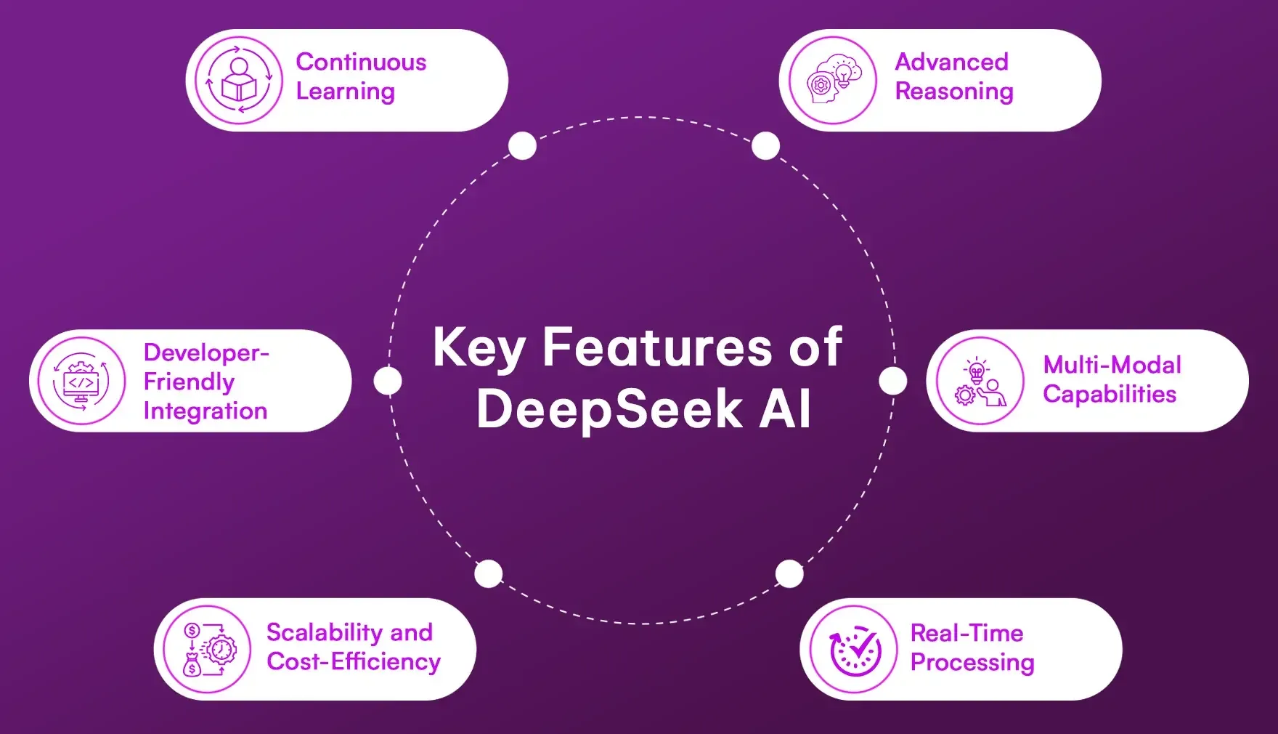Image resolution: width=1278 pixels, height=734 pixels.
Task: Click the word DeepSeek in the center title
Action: point(609,410)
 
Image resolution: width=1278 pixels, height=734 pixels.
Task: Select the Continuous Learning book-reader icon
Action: point(239,81)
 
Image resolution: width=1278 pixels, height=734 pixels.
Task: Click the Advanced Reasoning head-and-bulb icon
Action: point(833,81)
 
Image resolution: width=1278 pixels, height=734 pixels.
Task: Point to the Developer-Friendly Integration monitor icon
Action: point(81,381)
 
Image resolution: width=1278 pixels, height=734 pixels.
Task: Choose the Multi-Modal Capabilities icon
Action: point(980,381)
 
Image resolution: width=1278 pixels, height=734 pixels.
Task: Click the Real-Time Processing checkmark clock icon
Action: point(854,649)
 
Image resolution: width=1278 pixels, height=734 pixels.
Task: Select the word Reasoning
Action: point(954,92)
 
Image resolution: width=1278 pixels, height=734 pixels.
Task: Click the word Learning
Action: point(346,92)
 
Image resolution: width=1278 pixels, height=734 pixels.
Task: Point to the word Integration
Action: point(205,411)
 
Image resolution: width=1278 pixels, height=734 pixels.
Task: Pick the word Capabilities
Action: point(1110,395)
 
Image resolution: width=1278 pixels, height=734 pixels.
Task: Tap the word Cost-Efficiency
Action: point(354,662)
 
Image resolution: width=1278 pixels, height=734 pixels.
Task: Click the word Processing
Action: point(972,663)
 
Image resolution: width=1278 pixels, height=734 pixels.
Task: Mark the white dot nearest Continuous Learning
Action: point(522,146)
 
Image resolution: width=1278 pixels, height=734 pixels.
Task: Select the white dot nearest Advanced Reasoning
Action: point(765,146)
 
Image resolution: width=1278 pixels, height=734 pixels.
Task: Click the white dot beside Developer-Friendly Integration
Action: point(388,381)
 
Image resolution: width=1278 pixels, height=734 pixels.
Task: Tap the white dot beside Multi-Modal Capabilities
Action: point(893,381)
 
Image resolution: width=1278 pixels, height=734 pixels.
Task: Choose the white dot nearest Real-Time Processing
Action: point(789,574)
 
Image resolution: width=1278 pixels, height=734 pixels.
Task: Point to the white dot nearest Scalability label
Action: point(489,574)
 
